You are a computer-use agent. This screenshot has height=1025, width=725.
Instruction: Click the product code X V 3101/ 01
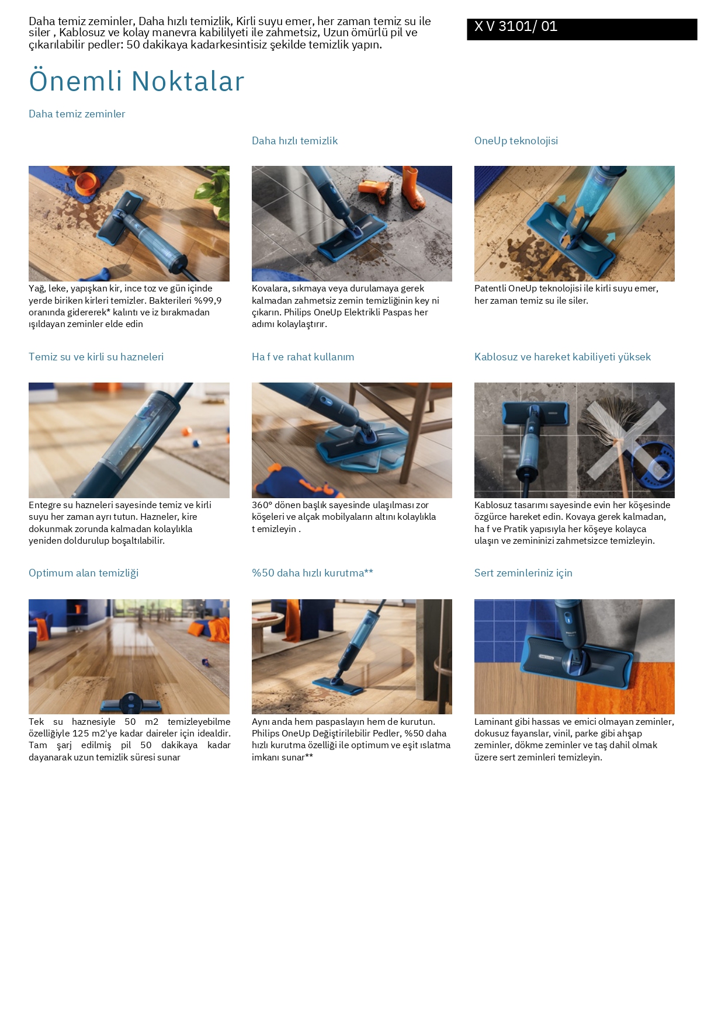[516, 26]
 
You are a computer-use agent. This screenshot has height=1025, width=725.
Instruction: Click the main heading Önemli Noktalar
[137, 81]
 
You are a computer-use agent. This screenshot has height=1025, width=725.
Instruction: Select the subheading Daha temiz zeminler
[77, 114]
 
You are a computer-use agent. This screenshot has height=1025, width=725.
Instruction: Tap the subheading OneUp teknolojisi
[516, 141]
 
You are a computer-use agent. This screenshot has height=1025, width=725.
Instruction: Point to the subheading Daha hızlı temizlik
[294, 141]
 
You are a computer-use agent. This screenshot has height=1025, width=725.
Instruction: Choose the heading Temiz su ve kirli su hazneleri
[96, 357]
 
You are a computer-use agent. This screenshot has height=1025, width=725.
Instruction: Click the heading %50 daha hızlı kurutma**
[312, 573]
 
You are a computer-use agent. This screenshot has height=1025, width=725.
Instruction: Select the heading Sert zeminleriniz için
[523, 573]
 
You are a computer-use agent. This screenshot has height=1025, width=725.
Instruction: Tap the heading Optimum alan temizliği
[84, 573]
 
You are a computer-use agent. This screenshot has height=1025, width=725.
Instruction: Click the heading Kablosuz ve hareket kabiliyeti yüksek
[562, 357]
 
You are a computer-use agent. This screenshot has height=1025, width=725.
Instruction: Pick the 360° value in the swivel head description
[262, 505]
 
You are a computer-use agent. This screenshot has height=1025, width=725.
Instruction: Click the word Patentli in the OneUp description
[490, 289]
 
